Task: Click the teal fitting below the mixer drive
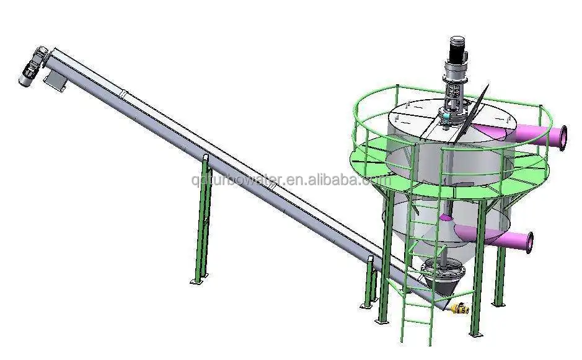(x=446, y=115)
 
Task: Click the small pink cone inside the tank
(x=446, y=217)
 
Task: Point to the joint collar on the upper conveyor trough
(x=123, y=94)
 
